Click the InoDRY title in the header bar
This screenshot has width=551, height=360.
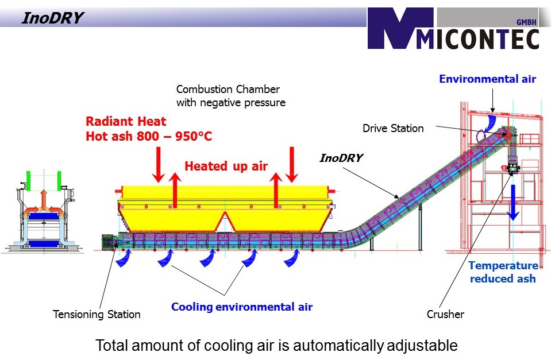(52, 19)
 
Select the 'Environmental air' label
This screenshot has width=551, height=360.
(487, 79)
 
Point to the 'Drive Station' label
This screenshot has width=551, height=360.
(393, 129)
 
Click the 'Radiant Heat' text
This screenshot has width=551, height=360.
(126, 122)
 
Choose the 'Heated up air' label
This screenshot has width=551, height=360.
(226, 167)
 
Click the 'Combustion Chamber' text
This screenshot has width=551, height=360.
(228, 90)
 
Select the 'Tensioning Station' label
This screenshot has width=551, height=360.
(97, 314)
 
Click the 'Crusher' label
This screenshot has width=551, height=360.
(445, 314)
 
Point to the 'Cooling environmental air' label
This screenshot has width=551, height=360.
(242, 307)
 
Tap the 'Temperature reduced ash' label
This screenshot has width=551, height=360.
(503, 272)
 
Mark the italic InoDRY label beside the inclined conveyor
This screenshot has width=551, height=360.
(341, 157)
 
